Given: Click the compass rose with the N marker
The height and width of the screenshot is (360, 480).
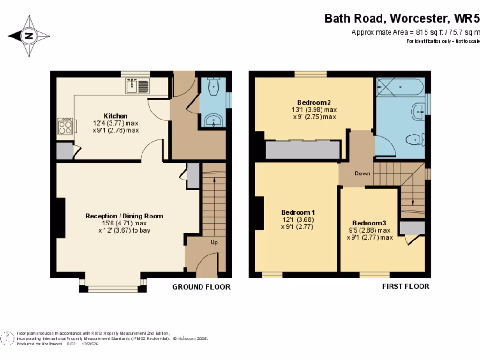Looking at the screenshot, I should (x=29, y=36).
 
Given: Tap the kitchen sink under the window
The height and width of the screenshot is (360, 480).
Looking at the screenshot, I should (x=137, y=86).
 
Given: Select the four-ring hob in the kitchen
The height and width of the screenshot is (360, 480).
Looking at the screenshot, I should (x=65, y=126).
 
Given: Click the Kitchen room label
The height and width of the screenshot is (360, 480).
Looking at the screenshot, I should (x=115, y=116).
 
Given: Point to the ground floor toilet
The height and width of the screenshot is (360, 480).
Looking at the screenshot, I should (x=214, y=88).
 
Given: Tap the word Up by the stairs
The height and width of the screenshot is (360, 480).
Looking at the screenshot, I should (x=214, y=242).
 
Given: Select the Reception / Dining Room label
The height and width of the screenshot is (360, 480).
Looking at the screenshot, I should (x=124, y=216).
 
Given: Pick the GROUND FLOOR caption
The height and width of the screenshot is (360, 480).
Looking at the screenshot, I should (x=202, y=287).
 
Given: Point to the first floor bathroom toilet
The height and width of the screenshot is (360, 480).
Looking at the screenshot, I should (x=415, y=139).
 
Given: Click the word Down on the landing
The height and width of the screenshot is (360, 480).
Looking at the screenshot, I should (x=362, y=173).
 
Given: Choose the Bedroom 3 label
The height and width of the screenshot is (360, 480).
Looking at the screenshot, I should (x=370, y=223).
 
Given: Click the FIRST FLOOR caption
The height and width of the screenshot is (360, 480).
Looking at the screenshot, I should (x=406, y=286).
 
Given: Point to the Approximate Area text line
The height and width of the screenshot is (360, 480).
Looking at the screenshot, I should (x=415, y=32).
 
